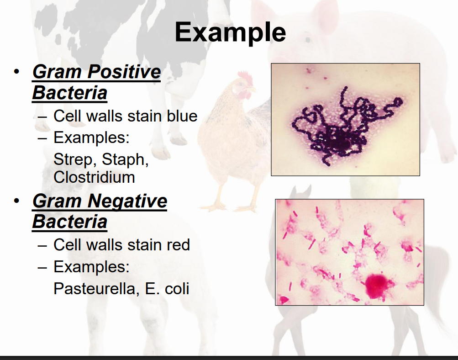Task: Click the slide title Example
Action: [x=230, y=32]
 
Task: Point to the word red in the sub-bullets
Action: [x=179, y=245]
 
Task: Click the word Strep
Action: [x=74, y=159]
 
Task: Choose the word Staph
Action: [x=125, y=159]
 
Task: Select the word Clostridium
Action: [x=94, y=177]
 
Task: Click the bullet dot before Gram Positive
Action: [x=16, y=72]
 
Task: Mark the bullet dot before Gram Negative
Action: [x=16, y=201]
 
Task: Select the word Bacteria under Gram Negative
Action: [x=69, y=222]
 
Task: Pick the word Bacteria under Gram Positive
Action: [x=69, y=93]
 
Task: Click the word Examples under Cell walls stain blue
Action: [x=91, y=137]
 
